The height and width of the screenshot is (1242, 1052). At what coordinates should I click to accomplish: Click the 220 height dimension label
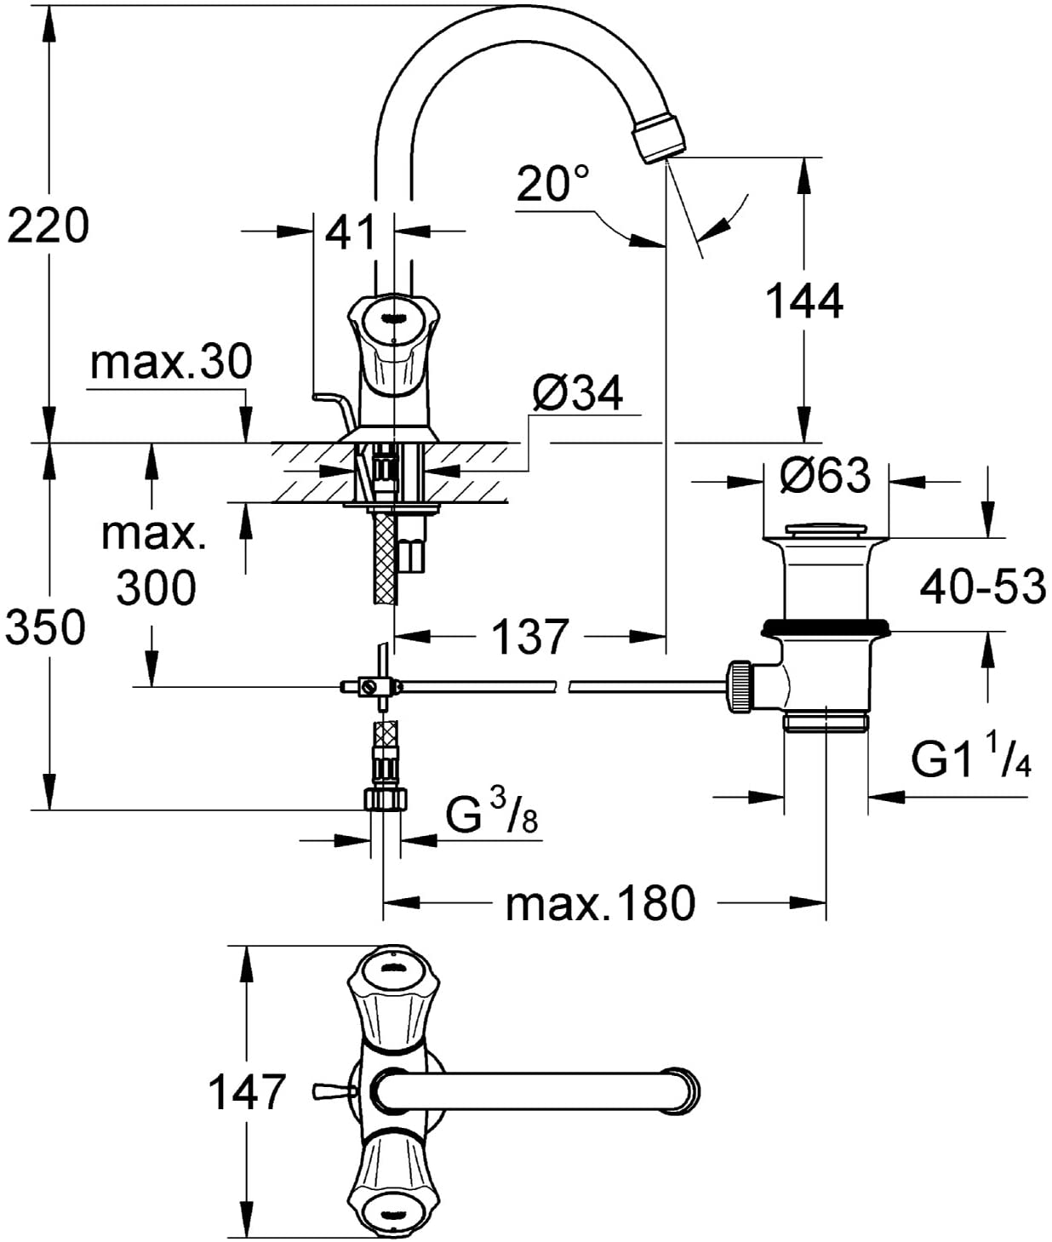[48, 226]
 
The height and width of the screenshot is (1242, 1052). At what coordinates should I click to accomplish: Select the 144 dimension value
[805, 301]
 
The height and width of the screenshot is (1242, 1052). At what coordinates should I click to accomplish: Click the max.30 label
[171, 362]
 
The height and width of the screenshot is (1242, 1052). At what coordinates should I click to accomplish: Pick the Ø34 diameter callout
[578, 393]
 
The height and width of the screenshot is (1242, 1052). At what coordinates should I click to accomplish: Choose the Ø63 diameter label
[826, 475]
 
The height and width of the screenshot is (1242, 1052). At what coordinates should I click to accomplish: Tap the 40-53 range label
[983, 587]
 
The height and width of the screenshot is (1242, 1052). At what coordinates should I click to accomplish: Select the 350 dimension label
[46, 627]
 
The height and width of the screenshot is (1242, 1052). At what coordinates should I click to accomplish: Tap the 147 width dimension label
[246, 1092]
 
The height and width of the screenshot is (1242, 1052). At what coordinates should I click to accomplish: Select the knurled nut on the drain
[740, 686]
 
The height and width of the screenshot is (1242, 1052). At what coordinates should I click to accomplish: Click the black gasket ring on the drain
[826, 627]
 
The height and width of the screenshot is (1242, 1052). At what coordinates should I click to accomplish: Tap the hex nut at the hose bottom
[385, 799]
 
